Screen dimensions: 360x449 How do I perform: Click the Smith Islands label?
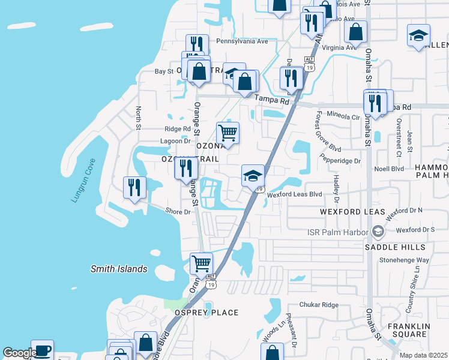pos(119,269)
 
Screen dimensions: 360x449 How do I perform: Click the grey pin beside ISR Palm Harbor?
pos(377,231)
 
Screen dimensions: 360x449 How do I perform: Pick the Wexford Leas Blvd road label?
pos(295,194)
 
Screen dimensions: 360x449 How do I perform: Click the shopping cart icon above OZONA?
pos(228,132)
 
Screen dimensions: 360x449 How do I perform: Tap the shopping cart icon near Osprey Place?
pos(201,262)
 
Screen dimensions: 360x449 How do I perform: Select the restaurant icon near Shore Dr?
pos(134,187)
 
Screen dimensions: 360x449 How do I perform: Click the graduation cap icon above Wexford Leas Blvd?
pos(253,175)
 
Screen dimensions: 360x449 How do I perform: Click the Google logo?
pos(20,353)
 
